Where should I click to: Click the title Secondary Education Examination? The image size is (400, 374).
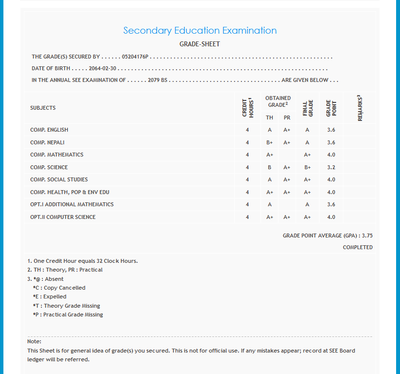pos(200,30)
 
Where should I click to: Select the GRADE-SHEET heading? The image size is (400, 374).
pos(200,44)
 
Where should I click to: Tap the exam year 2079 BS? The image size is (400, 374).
pos(158,80)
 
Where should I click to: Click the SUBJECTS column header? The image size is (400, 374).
pos(43,108)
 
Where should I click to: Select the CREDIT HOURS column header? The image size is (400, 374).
pos(248,108)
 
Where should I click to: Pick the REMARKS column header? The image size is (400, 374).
pos(360,108)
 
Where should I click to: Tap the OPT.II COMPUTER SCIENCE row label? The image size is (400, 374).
pos(63,217)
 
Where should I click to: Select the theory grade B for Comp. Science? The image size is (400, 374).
pos(269,167)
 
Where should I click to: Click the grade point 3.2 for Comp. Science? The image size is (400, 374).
pos(331,167)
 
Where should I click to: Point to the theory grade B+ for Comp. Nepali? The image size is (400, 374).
pos(269,142)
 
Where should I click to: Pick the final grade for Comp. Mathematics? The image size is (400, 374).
pos(307,155)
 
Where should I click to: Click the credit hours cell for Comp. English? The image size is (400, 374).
pos(247,130)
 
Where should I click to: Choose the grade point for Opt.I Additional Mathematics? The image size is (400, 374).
pos(331,204)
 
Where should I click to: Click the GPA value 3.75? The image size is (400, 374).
pos(367,236)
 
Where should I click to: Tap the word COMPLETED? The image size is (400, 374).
pos(358,247)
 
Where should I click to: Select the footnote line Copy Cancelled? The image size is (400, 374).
pos(59,288)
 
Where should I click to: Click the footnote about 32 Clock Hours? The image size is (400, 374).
pos(82,261)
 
